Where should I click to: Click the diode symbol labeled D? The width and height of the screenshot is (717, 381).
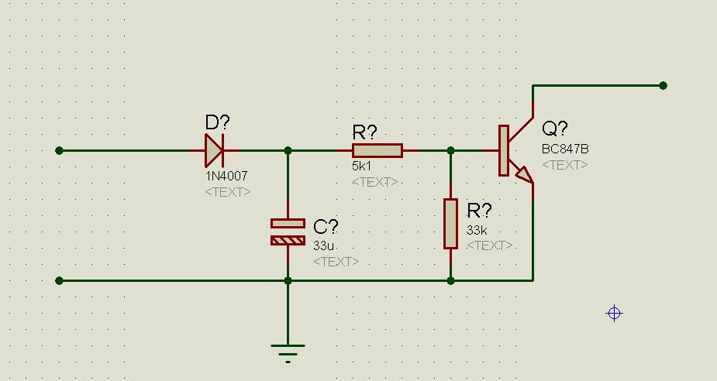click(x=214, y=150)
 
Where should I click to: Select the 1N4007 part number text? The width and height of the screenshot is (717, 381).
click(x=226, y=177)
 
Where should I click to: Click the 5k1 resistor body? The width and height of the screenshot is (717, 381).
click(x=377, y=150)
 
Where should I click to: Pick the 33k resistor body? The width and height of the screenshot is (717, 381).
click(x=450, y=224)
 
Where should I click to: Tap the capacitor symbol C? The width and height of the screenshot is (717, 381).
click(x=288, y=232)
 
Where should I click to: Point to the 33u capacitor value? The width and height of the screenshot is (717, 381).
click(x=323, y=246)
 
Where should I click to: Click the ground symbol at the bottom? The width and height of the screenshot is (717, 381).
click(x=288, y=352)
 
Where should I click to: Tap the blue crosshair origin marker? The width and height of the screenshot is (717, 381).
click(x=614, y=313)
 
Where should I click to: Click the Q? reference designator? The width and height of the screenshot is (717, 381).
click(x=555, y=129)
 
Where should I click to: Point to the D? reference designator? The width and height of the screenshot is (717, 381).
click(x=218, y=122)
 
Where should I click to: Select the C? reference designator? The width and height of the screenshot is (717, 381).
click(x=326, y=227)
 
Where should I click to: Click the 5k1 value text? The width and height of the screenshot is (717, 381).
click(x=362, y=166)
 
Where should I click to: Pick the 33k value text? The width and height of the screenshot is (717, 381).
click(x=477, y=230)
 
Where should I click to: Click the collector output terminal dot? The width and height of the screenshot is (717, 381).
click(x=663, y=85)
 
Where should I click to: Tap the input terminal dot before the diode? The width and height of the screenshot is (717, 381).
click(x=60, y=150)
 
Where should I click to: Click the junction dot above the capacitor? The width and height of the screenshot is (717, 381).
click(x=288, y=150)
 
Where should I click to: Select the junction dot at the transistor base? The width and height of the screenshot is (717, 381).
click(x=450, y=150)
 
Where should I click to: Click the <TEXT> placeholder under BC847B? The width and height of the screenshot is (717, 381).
click(x=564, y=164)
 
